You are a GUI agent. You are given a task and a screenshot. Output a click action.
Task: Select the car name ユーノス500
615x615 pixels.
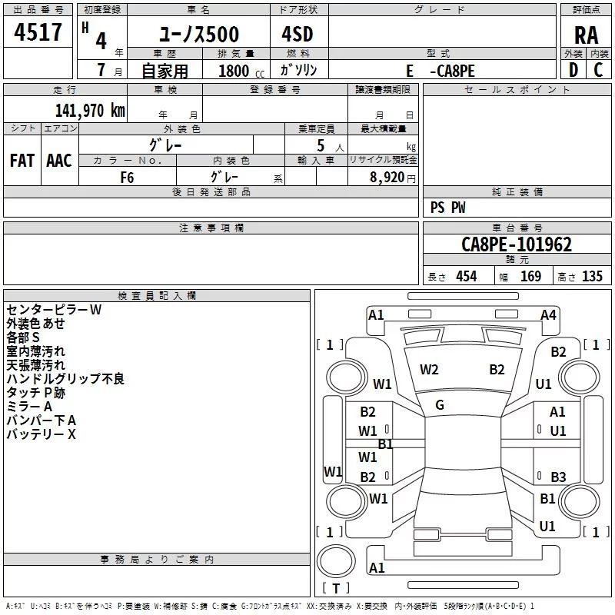click(199, 35)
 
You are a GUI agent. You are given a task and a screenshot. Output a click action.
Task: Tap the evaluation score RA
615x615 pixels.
click(586, 35)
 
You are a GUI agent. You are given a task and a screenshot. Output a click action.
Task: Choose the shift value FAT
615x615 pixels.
click(22, 161)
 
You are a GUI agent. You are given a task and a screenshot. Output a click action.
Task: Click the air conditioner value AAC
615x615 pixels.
click(59, 161)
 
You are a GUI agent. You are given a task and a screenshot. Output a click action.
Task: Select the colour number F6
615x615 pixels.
click(127, 176)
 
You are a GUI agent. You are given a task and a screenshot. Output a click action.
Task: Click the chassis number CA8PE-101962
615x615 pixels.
click(517, 245)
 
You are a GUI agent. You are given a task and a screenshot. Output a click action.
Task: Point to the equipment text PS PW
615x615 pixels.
click(448, 208)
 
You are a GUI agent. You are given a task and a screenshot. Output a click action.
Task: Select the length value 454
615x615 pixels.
click(466, 277)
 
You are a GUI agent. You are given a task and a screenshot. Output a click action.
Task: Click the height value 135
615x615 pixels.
click(592, 277)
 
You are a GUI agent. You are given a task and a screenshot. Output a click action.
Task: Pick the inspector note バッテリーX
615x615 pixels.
click(42, 434)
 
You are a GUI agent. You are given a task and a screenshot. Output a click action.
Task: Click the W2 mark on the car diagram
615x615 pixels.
click(429, 370)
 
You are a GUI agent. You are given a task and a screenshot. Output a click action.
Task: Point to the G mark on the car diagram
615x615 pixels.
click(440, 405)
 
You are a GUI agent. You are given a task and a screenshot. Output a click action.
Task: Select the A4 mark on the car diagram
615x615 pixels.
click(548, 315)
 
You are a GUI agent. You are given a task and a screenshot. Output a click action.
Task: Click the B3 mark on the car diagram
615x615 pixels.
click(558, 477)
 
